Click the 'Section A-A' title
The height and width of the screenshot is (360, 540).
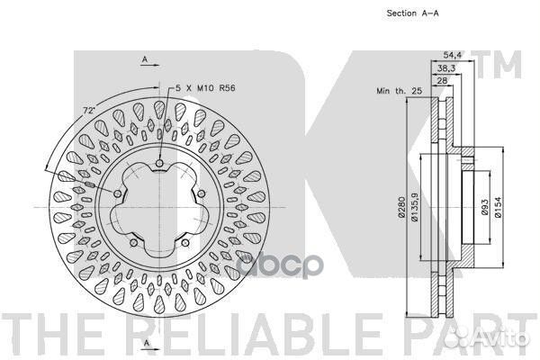click(412, 13)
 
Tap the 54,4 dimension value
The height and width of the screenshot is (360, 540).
click(452, 55)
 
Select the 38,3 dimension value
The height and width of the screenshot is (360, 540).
click(446, 68)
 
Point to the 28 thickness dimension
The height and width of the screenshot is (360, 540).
click(442, 81)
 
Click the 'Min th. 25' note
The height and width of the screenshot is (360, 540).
click(399, 91)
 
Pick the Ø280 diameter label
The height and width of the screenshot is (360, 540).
click(401, 207)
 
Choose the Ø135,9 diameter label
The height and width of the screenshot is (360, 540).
click(414, 207)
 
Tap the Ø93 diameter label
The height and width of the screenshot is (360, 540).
click(484, 207)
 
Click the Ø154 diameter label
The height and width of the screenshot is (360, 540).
click(498, 207)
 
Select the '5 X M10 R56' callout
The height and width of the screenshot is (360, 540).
click(205, 88)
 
